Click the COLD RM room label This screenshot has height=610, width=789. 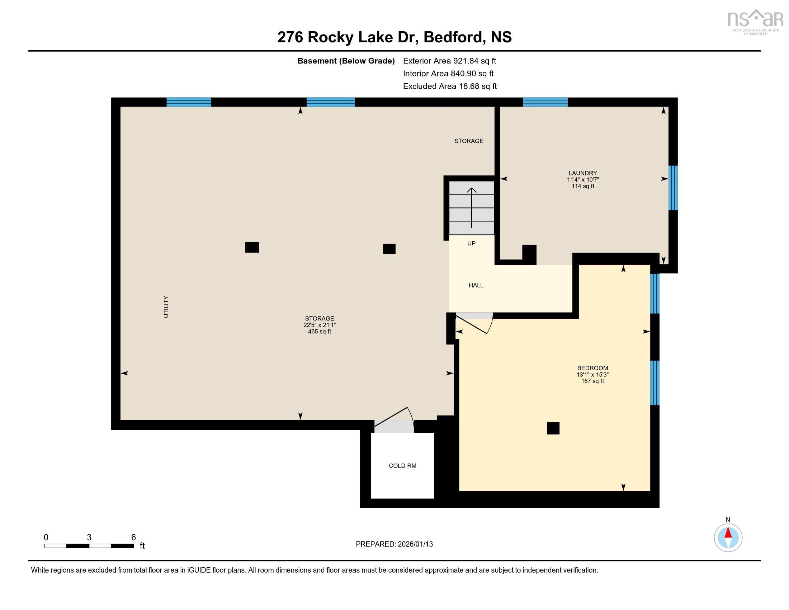pos(402,466)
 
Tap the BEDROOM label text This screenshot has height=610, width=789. pos(592,368)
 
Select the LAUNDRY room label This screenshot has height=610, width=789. pos(583,173)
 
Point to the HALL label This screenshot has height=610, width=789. pos(476,286)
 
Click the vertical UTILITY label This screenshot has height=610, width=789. pos(166,307)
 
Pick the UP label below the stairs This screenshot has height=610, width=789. pos(472,243)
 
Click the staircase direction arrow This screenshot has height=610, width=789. pos(472,208)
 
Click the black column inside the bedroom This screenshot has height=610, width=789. pos(553,428)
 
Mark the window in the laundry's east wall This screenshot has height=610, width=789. pos(673,188)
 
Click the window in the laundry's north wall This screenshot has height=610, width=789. pos(545,102)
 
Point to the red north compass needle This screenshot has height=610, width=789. pos(728,533)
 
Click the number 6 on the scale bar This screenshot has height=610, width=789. pos(133,538)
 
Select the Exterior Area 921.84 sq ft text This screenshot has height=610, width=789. pos(450,61)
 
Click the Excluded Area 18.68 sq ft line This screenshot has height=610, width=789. pos(450,86)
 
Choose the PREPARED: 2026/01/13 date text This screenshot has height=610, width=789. pos(394,544)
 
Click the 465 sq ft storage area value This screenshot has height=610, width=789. pos(319,332)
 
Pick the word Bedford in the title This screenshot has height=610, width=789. pos(452,37)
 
